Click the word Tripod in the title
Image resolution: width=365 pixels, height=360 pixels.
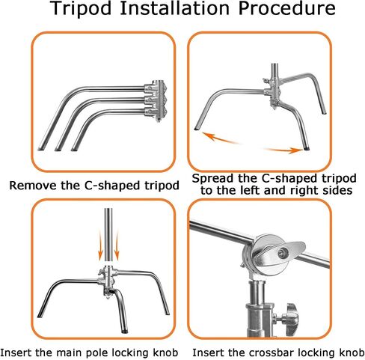[82, 9]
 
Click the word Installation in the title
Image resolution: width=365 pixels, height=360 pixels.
[174, 8]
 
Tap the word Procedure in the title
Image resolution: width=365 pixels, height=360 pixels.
[286, 8]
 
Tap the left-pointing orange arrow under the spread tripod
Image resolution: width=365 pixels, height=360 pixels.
[219, 138]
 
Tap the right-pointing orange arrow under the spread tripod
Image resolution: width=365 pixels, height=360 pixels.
[283, 150]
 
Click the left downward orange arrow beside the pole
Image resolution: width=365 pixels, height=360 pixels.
[100, 245]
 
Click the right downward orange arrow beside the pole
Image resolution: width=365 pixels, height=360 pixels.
[117, 245]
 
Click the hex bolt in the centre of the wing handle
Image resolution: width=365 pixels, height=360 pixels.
[282, 254]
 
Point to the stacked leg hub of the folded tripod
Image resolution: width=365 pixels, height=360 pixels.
[155, 100]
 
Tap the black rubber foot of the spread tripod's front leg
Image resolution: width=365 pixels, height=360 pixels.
[306, 148]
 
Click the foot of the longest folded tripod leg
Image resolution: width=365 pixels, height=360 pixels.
[41, 148]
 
